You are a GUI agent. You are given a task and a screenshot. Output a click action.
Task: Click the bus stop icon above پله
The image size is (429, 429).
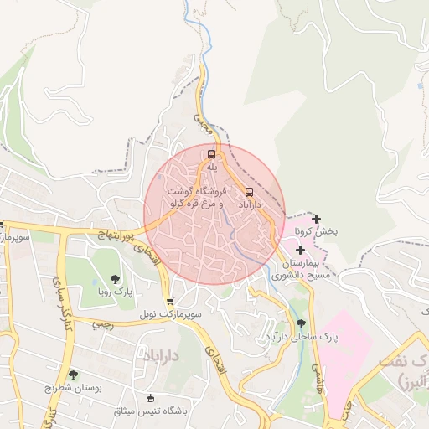[212, 154]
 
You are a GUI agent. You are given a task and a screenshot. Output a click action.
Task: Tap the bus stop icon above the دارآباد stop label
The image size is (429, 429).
[250, 191]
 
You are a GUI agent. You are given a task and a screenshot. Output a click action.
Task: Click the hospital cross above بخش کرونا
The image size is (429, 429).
[316, 220]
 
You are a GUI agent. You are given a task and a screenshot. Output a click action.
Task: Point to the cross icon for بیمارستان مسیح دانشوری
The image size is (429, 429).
[300, 250]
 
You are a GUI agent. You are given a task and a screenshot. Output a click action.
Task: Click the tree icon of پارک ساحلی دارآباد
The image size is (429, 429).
[300, 323]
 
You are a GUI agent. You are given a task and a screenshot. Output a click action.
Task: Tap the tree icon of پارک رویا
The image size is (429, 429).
[114, 279]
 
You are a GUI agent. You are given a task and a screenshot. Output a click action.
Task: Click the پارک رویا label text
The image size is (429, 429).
[113, 292]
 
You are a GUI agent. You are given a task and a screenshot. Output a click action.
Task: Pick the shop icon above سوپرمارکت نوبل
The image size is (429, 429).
[171, 302]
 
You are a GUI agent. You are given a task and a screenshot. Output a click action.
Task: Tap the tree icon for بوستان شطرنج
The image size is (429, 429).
[73, 375]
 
